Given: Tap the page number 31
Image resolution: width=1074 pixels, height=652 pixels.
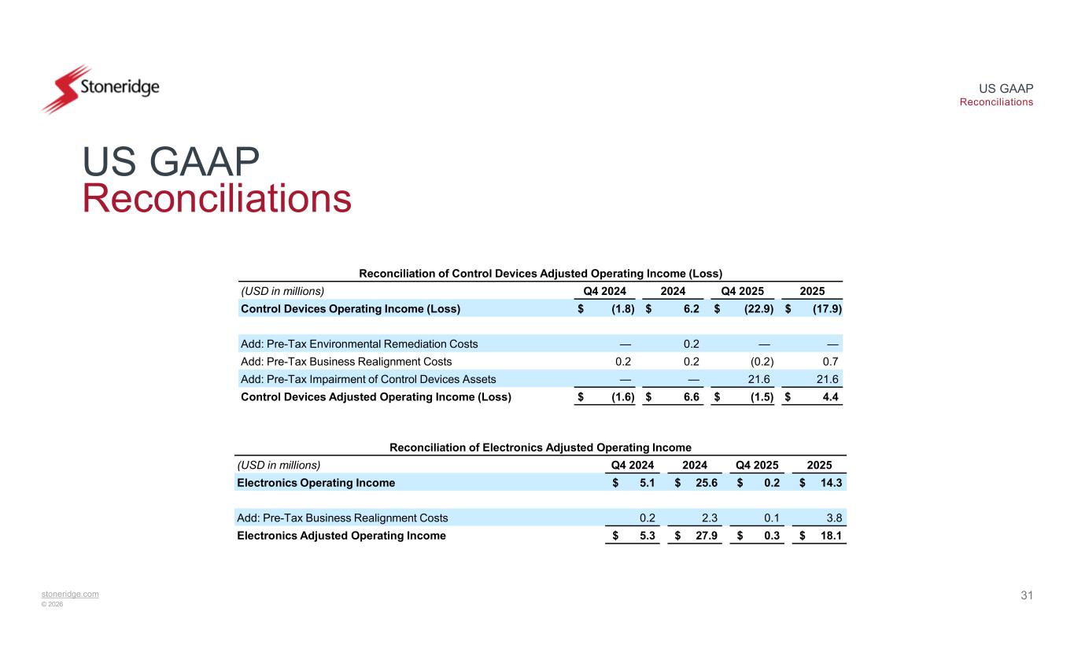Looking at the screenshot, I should click(x=1026, y=595).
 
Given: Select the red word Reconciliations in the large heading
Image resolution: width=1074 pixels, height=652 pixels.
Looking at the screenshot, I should click(x=216, y=198).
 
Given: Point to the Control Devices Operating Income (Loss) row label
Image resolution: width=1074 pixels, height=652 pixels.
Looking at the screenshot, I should click(x=350, y=308).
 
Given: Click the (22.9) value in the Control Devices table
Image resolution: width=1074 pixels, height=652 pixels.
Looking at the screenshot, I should click(x=758, y=308).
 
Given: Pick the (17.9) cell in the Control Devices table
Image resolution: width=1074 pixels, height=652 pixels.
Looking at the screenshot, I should click(x=826, y=308).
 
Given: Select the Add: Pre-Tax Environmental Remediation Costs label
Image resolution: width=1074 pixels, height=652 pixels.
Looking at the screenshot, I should click(x=359, y=344).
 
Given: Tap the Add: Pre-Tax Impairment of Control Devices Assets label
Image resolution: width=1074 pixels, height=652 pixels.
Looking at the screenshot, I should click(x=367, y=378).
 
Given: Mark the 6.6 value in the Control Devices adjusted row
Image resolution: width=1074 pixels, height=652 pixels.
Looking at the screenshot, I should click(x=689, y=396).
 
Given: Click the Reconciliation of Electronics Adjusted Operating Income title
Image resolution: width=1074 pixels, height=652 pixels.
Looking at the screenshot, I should click(x=541, y=448).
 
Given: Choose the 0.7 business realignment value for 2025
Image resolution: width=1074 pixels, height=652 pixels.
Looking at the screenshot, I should click(x=830, y=361).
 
